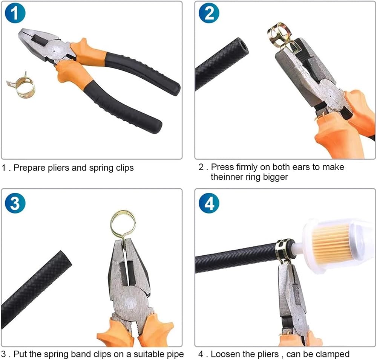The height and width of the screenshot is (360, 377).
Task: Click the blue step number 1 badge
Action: [x=15, y=13]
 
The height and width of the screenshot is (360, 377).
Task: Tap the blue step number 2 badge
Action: [x=209, y=13]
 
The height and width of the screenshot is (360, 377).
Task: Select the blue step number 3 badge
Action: [x=15, y=203]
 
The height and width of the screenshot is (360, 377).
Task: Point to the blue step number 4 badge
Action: [x=209, y=203]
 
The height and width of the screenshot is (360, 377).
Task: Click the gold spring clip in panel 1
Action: [x=21, y=86]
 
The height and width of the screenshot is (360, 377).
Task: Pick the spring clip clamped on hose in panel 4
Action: [x=284, y=251]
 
